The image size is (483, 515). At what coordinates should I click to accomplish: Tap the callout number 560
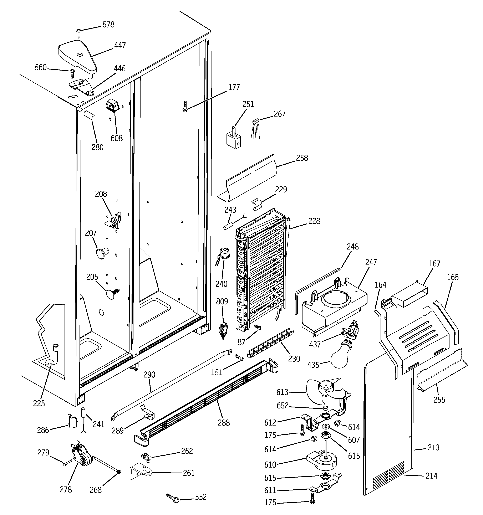coord(41,68)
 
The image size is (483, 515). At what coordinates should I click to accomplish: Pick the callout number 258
coord(302,158)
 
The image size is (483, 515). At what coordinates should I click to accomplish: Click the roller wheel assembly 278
coord(81,455)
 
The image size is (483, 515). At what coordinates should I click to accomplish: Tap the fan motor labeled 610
coord(322,461)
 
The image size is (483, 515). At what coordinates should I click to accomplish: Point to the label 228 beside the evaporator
coord(314,221)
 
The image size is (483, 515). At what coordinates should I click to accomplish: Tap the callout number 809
coord(222,301)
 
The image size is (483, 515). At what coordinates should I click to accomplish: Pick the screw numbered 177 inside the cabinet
coord(185,106)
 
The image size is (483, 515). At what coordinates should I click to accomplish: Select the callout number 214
coord(431,476)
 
